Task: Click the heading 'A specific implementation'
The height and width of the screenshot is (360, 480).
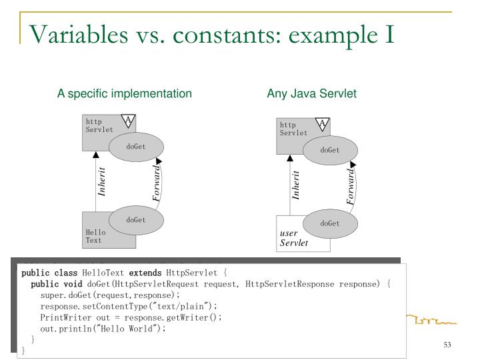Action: pos(124,94)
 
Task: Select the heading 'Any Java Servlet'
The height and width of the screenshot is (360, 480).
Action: pos(312,94)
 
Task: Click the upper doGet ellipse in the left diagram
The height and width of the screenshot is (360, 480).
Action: pos(135,147)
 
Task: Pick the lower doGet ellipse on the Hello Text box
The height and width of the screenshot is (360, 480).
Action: pos(135,219)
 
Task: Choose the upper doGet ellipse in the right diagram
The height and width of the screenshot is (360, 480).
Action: pos(329,150)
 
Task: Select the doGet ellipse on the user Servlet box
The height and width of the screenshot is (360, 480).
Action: pos(329,223)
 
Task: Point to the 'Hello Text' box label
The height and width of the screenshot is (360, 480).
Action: pos(94,236)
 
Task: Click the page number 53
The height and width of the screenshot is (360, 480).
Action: pos(447,345)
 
